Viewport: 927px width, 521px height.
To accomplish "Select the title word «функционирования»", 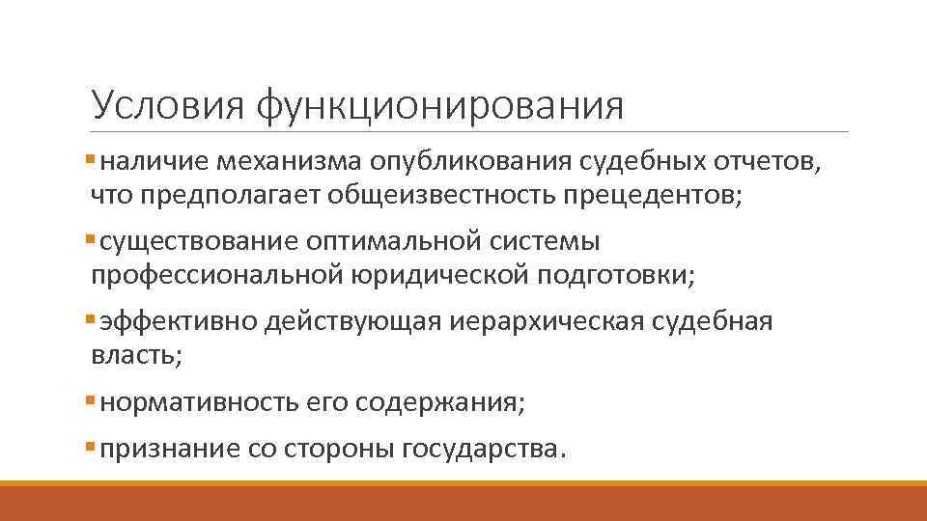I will (x=439, y=105).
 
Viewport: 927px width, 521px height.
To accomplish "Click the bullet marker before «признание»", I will (x=90, y=447).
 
